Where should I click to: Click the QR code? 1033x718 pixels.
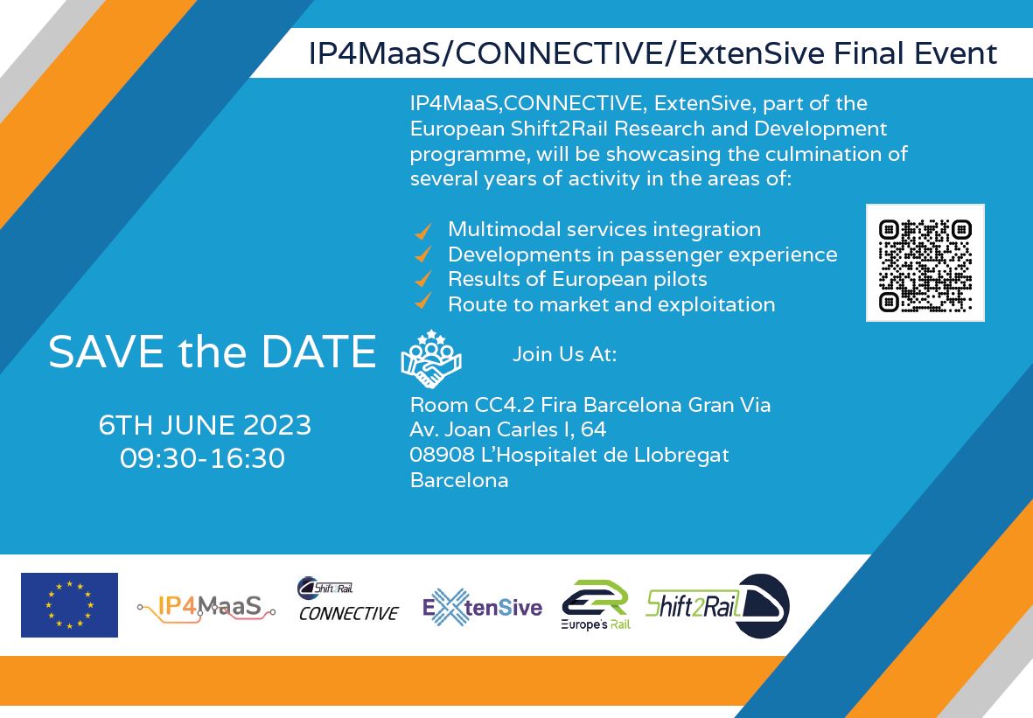pos(925,263)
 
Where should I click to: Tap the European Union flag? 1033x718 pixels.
pos(69,605)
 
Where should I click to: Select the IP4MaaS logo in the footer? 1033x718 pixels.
pos(206,606)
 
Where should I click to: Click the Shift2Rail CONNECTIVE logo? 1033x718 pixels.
pos(348,600)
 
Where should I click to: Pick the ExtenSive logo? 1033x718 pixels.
pos(482,607)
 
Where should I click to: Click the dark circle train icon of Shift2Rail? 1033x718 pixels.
pos(762,605)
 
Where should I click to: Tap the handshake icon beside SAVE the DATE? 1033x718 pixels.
pos(430,359)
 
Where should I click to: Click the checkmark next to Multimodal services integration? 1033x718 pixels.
pos(423,231)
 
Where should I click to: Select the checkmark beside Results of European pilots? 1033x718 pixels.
pos(423,280)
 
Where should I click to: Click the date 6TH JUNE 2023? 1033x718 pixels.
pos(205,426)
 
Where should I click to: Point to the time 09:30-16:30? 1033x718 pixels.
pos(203,458)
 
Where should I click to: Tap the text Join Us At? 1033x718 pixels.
pos(564,355)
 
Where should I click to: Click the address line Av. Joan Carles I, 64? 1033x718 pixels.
pos(507,430)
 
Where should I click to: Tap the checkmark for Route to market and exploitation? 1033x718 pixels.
pos(423,303)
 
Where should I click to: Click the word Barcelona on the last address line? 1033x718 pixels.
pos(458,481)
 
